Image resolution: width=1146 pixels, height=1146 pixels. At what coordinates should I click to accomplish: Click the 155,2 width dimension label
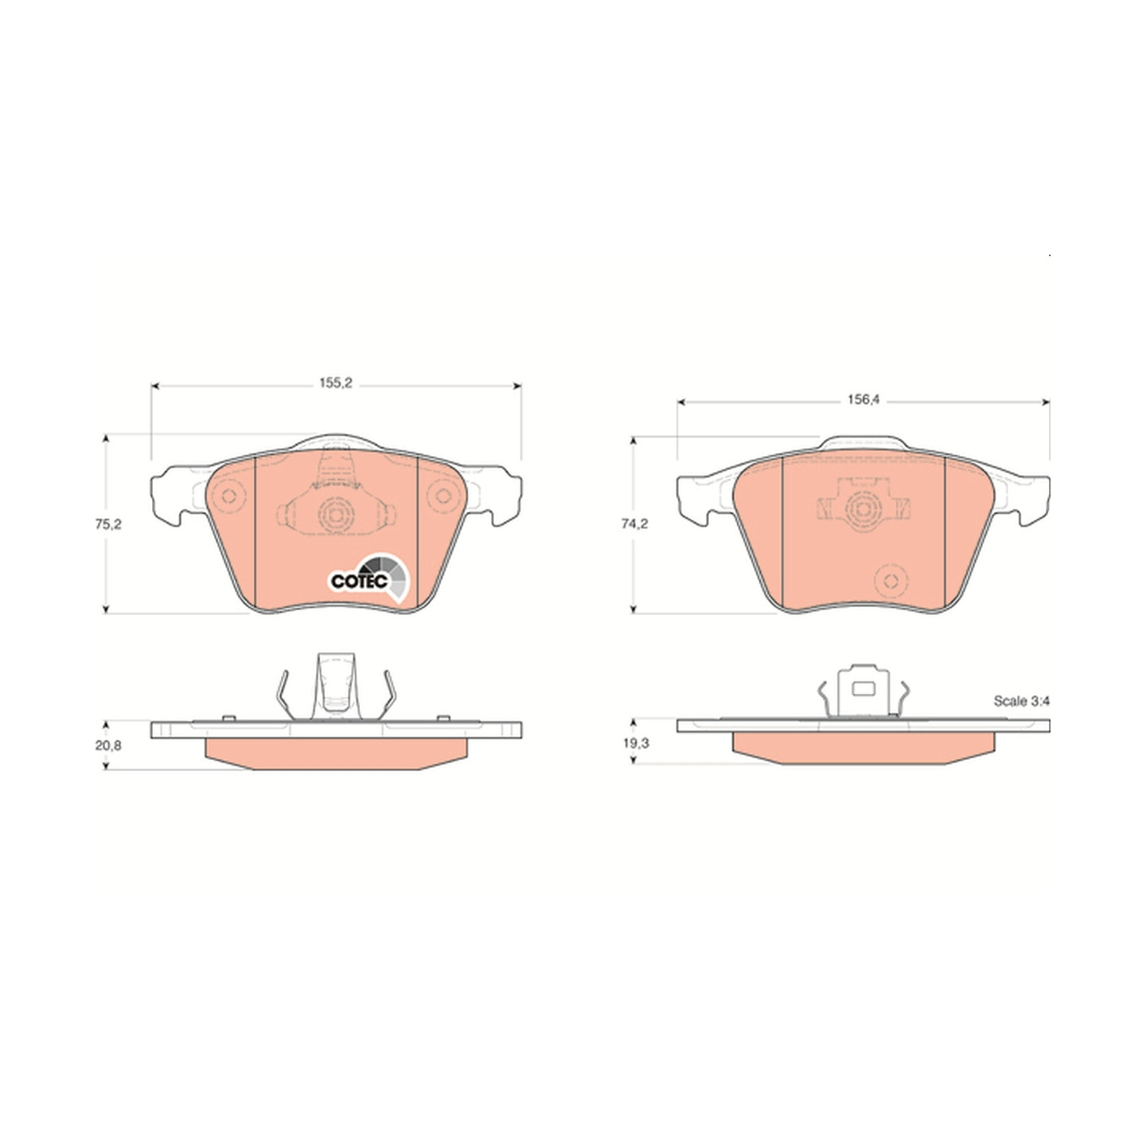(x=335, y=384)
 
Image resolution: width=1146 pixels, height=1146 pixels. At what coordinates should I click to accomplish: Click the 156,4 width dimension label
(x=863, y=400)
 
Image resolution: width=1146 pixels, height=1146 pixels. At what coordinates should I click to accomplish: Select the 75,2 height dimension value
(x=108, y=524)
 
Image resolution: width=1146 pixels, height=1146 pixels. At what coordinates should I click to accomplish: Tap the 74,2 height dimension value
(x=635, y=524)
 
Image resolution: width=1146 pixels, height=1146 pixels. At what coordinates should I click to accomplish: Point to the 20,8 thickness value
(x=108, y=745)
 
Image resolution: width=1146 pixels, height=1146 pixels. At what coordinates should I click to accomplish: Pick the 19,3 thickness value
(x=637, y=743)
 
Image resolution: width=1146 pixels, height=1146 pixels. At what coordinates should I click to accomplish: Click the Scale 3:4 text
(x=1022, y=701)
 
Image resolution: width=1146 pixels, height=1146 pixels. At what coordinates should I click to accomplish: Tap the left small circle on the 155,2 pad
(x=229, y=495)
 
